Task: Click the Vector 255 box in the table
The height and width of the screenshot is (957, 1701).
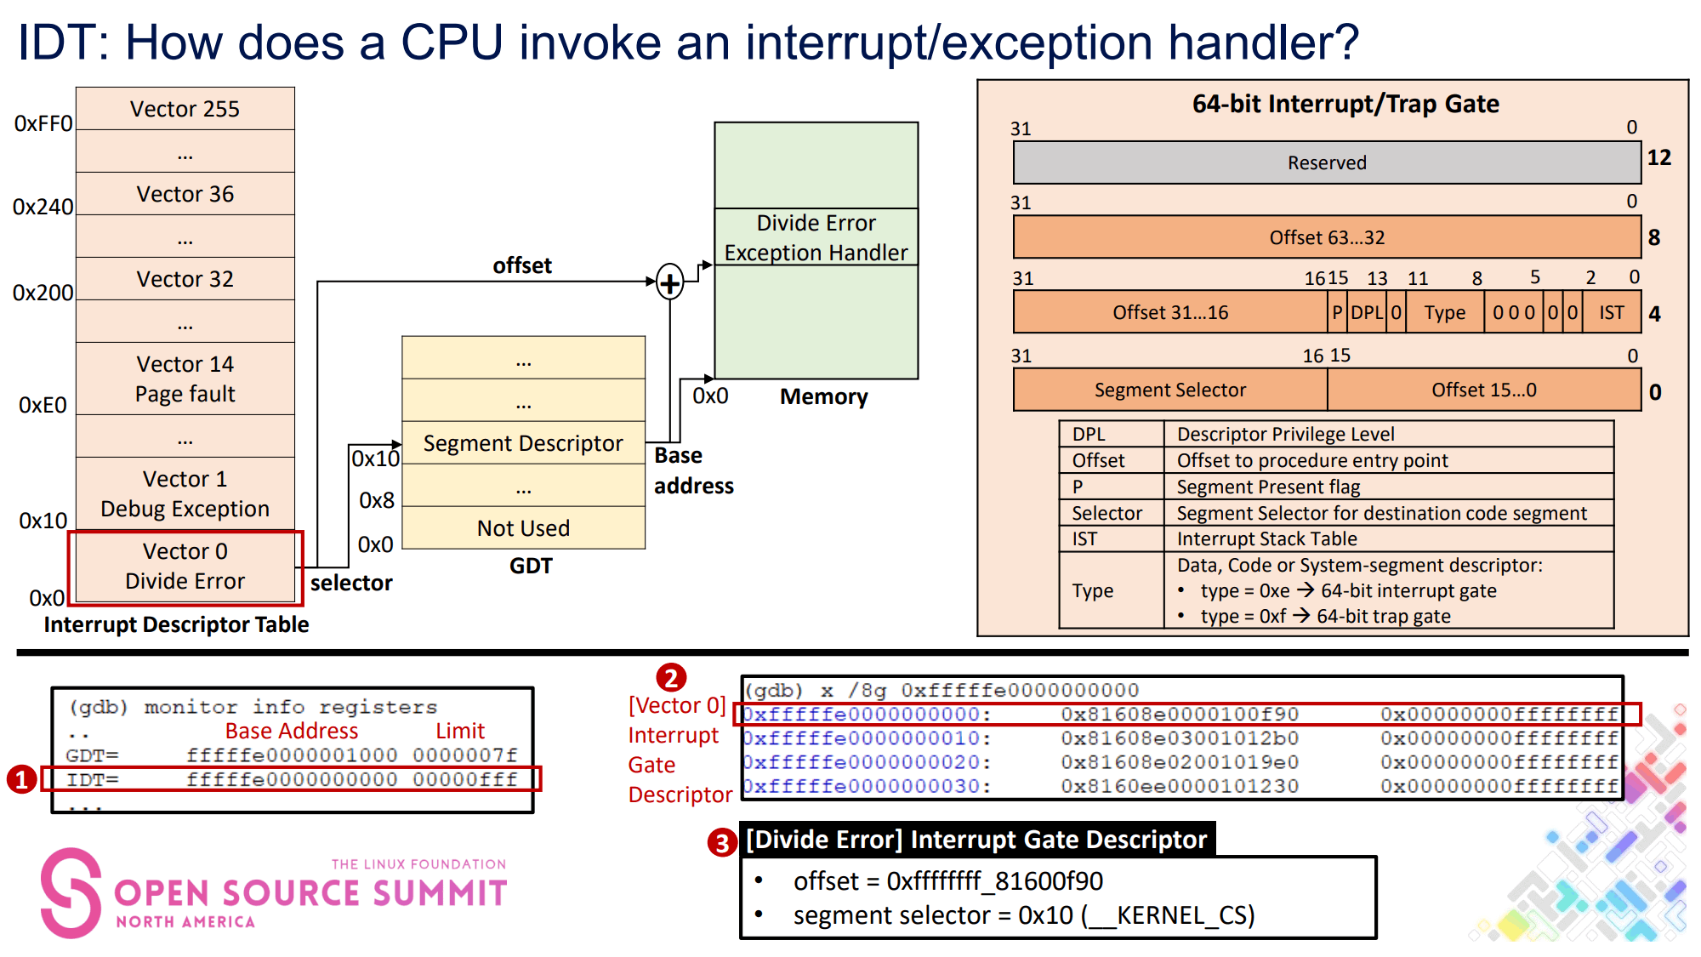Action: click(x=185, y=109)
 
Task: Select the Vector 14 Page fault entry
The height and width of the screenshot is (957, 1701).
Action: click(x=185, y=379)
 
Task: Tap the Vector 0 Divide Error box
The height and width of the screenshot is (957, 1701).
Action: click(x=185, y=567)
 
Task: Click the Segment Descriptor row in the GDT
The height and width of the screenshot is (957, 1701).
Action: click(x=523, y=443)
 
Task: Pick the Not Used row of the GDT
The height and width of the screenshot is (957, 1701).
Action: click(x=523, y=528)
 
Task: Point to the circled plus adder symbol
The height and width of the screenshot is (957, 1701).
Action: click(x=670, y=282)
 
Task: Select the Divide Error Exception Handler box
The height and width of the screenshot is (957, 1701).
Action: click(x=816, y=237)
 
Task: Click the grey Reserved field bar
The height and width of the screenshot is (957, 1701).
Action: click(x=1327, y=162)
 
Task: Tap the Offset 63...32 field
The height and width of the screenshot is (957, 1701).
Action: click(x=1327, y=237)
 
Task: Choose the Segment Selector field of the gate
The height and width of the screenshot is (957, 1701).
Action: click(x=1169, y=390)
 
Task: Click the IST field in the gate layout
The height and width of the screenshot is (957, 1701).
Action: click(x=1611, y=312)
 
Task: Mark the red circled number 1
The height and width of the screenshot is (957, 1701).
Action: click(x=21, y=779)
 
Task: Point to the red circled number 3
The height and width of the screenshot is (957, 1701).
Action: click(x=722, y=843)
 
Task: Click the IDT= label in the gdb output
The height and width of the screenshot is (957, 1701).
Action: click(x=93, y=779)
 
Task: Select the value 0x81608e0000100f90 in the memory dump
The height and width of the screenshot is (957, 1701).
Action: click(x=1180, y=715)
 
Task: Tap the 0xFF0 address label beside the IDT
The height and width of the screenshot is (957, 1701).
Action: click(x=43, y=124)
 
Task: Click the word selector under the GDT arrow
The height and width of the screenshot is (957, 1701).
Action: click(x=351, y=583)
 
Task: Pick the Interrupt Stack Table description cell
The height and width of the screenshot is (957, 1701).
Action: click(x=1266, y=538)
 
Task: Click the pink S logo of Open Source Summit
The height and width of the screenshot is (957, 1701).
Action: click(x=71, y=892)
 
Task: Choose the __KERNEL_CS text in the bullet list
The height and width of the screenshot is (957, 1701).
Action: click(x=1170, y=915)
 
